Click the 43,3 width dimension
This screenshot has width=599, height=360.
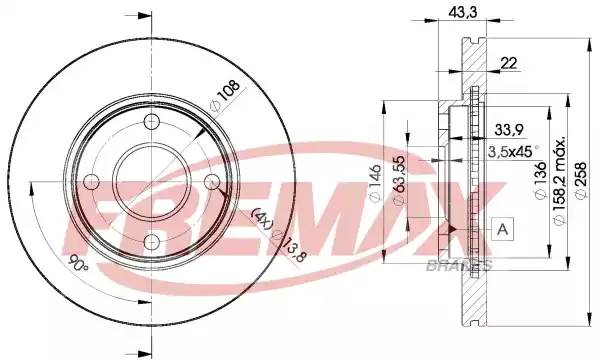pos(463,12)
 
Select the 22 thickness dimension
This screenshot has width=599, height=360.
pos(508,63)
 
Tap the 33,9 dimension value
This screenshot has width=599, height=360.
pos(509,130)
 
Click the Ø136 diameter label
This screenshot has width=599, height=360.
pos(540,180)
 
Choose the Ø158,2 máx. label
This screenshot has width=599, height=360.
pos(559,180)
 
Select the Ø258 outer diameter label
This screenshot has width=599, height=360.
pos(580,180)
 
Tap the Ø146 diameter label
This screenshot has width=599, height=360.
pos(376,183)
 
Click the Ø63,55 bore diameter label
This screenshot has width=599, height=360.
pos(400,180)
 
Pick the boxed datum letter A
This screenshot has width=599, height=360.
pos(503,230)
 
